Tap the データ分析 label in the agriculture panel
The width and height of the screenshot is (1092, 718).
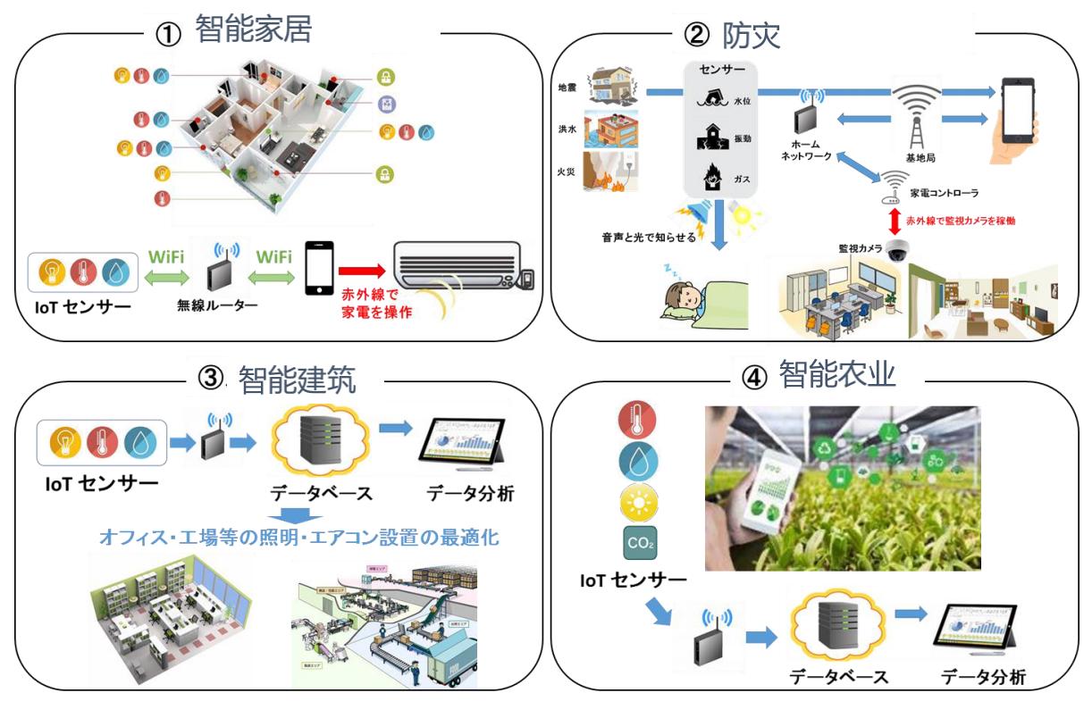pyautogui.click(x=983, y=676)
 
